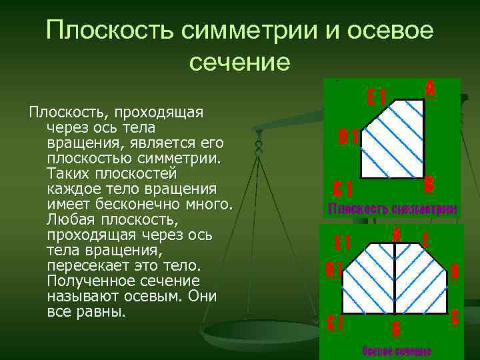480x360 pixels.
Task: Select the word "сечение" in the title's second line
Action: pyautogui.click(x=240, y=63)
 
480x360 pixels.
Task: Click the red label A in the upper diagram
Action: pyautogui.click(x=430, y=88)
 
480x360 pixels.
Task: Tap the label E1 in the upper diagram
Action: pyautogui.click(x=377, y=97)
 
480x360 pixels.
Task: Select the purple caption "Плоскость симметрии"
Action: pyautogui.click(x=393, y=209)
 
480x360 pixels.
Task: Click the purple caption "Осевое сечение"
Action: pyautogui.click(x=397, y=351)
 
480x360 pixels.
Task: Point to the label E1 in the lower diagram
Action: pyautogui.click(x=343, y=242)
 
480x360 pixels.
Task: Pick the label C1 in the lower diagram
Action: pyautogui.click(x=335, y=323)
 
